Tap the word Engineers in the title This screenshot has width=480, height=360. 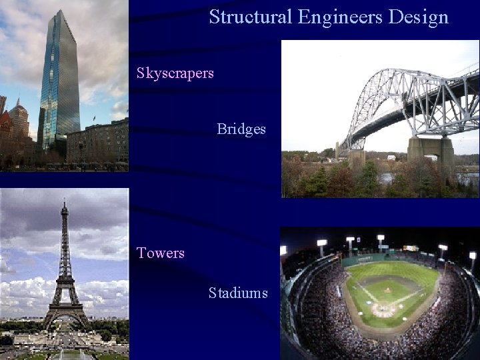pyautogui.click(x=340, y=17)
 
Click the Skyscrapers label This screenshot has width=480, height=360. pyautogui.click(x=175, y=73)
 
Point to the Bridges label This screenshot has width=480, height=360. pyautogui.click(x=241, y=129)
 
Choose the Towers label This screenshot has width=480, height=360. pyautogui.click(x=161, y=253)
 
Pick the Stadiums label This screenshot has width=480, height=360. pyautogui.click(x=238, y=293)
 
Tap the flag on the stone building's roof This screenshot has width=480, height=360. pyautogui.click(x=93, y=118)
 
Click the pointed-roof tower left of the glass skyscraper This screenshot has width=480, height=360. pyautogui.click(x=19, y=113)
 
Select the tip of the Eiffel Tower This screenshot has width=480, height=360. pyautogui.click(x=65, y=201)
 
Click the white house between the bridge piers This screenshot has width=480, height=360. pyautogui.click(x=391, y=158)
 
